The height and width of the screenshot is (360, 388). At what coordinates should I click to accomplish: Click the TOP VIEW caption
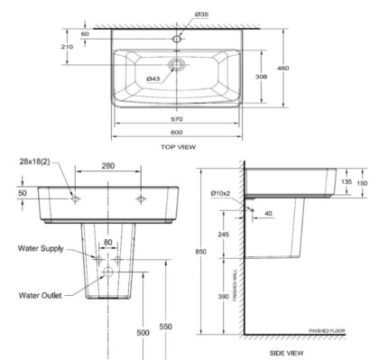click(x=178, y=146)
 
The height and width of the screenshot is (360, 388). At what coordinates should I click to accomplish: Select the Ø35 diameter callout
click(x=201, y=15)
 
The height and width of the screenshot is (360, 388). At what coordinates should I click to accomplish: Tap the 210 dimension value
click(x=68, y=46)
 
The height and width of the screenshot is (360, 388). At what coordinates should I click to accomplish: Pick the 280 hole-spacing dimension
click(x=108, y=167)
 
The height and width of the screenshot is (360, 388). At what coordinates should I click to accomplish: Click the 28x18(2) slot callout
click(x=32, y=160)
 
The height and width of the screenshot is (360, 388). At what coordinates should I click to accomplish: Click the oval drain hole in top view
click(x=178, y=66)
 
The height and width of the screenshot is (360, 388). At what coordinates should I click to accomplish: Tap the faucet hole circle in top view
click(x=178, y=39)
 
